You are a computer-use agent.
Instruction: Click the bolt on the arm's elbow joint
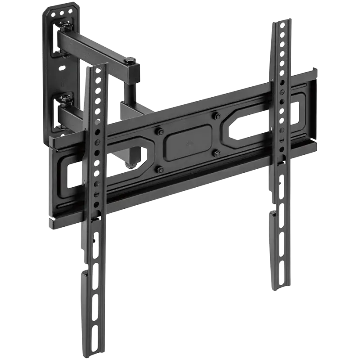tap(130, 60)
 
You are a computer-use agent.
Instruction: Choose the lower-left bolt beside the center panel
tap(160, 169)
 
